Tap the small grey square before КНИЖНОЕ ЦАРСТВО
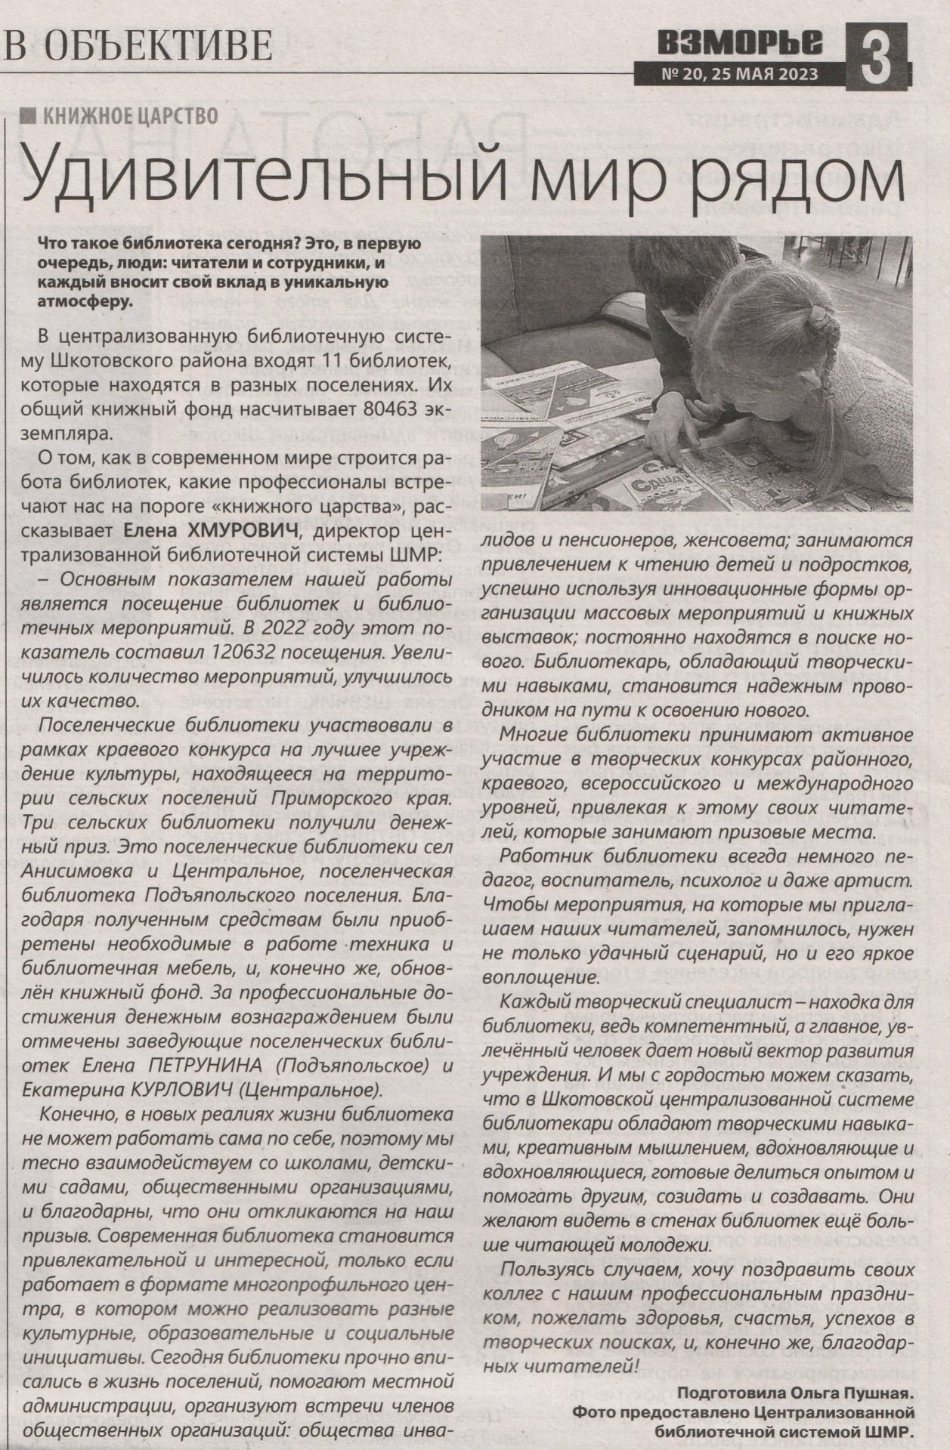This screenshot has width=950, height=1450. [x=29, y=116]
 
